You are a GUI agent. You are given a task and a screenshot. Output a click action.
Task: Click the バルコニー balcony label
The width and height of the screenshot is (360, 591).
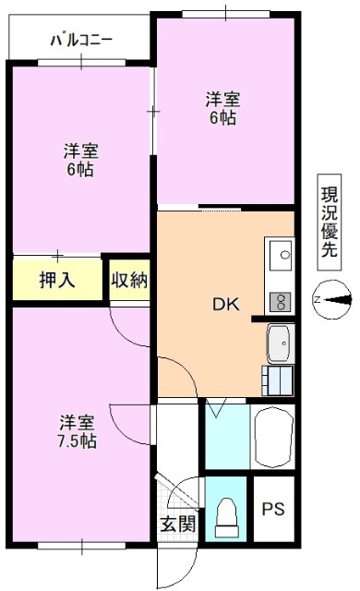click(81, 41)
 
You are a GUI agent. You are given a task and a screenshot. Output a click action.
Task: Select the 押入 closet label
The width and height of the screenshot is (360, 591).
click(57, 279)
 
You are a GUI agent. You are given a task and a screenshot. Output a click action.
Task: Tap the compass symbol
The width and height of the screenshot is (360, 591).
click(332, 299)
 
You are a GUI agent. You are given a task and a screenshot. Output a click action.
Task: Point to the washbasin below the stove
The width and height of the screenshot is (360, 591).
click(279, 344)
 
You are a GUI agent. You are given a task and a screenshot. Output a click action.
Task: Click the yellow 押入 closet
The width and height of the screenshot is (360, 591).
click(57, 279)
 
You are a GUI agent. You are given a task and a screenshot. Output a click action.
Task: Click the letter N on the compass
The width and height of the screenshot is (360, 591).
click(317, 299)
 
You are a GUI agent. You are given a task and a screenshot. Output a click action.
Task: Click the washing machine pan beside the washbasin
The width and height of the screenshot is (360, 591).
click(278, 380)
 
